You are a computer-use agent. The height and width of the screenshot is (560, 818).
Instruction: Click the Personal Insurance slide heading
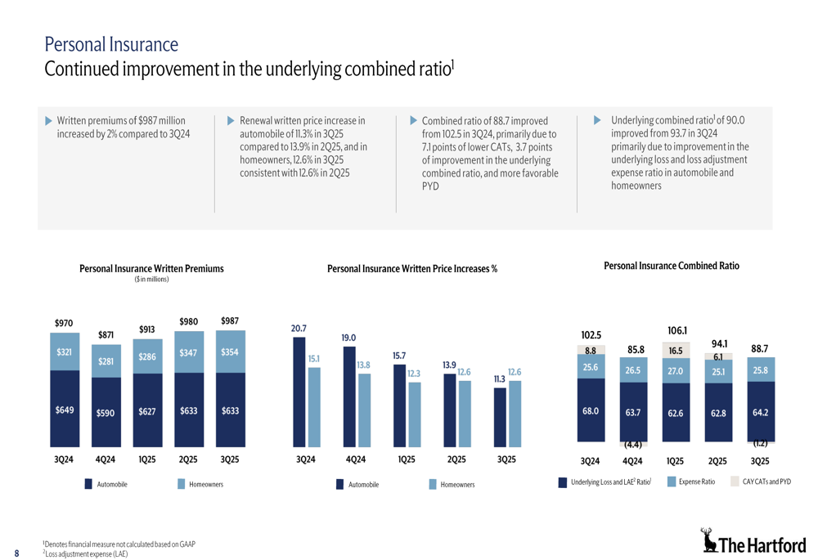click(110, 43)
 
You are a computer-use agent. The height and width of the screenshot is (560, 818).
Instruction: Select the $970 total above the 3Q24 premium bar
click(64, 324)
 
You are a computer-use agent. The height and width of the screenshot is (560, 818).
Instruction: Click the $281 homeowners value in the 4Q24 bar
click(106, 361)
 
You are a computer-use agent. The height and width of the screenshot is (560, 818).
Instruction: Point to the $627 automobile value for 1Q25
click(147, 411)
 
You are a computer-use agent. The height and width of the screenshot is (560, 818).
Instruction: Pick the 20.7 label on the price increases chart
click(299, 328)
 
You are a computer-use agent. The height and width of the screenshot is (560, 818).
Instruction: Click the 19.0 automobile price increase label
click(349, 337)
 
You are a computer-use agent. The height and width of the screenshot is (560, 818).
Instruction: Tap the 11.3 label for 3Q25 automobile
click(500, 379)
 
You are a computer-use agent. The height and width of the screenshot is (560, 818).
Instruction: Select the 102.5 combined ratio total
click(591, 335)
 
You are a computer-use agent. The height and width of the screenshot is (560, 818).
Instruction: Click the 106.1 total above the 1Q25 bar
click(676, 330)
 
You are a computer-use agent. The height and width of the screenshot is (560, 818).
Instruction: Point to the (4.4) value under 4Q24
click(632, 445)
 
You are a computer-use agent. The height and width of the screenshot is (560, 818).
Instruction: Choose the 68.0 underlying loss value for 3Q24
click(590, 411)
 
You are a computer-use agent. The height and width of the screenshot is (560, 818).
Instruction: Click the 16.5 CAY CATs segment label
click(676, 351)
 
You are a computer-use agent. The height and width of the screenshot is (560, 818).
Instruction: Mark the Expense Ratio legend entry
click(696, 482)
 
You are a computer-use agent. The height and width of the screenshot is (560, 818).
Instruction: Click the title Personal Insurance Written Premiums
click(151, 268)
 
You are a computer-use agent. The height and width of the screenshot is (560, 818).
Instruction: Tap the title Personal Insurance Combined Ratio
click(671, 266)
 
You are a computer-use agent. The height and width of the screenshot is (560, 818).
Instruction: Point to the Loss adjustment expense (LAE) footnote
click(86, 554)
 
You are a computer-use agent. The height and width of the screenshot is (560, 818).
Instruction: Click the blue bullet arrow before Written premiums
click(48, 121)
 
